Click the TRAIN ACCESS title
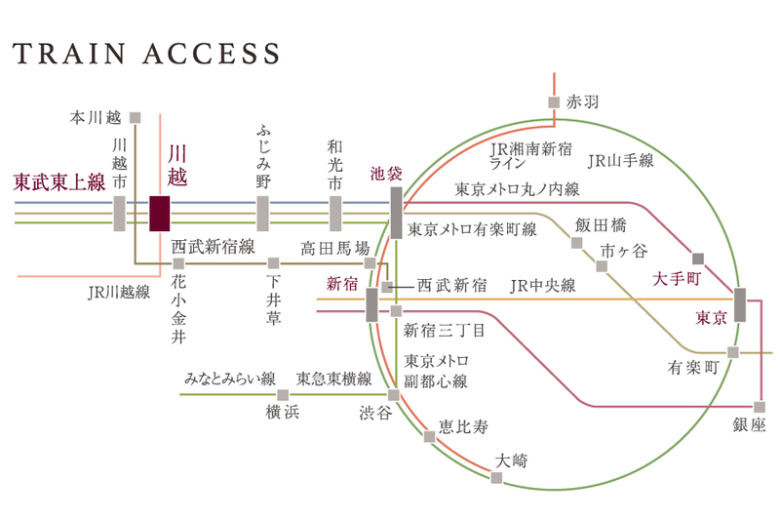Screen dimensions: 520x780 point(146,53)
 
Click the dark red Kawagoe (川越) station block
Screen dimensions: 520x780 point(160,213)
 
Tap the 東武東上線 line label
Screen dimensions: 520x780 point(58,181)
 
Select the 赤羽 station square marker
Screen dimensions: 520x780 point(553,101)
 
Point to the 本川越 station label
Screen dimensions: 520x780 point(95,117)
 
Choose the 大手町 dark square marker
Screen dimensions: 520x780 point(697,259)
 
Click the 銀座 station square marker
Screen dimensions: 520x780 point(760,405)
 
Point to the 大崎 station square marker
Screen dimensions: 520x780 point(496,477)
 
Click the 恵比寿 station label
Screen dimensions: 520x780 point(462,427)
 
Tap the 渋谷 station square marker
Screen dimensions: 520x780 point(394,395)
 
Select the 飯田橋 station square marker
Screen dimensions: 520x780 point(576,242)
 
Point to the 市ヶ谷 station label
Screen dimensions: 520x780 point(624,251)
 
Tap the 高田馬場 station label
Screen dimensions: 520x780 point(334,248)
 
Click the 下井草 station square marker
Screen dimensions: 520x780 point(273,262)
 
